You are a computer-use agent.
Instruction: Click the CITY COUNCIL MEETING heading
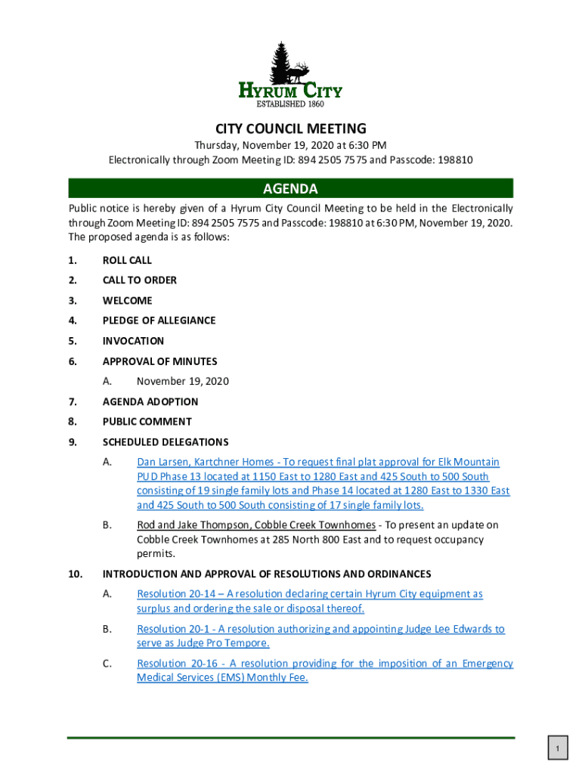(x=290, y=128)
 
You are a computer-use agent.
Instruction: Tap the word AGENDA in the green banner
(x=290, y=188)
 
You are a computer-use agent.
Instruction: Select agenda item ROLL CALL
(x=127, y=260)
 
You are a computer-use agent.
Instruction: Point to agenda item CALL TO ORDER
(x=140, y=280)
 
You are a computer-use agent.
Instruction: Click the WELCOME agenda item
(x=127, y=301)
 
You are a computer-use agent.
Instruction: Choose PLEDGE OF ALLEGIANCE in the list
(x=159, y=320)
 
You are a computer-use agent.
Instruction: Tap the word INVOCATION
(x=133, y=341)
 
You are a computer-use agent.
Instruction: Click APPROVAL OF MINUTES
(x=159, y=361)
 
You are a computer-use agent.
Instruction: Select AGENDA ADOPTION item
(x=150, y=402)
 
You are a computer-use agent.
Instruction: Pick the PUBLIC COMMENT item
(x=147, y=422)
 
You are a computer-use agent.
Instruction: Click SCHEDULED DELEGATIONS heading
(x=165, y=442)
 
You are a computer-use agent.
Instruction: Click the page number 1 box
(x=556, y=749)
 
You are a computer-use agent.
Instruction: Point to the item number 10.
(x=74, y=574)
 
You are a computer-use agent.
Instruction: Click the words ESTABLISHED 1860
(x=291, y=104)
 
